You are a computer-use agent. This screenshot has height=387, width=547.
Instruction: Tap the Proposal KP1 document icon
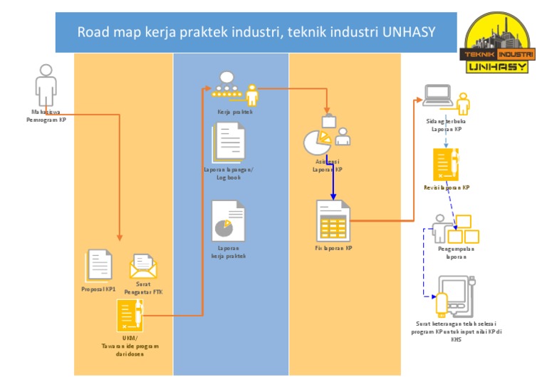click(x=98, y=265)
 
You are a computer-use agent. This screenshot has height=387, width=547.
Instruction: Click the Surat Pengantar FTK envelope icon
click(x=143, y=267)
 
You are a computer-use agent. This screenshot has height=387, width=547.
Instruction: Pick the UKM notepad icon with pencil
click(x=130, y=315)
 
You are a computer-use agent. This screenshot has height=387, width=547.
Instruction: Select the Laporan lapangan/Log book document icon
click(x=229, y=141)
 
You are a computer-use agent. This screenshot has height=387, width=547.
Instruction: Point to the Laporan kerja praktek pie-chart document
click(x=228, y=221)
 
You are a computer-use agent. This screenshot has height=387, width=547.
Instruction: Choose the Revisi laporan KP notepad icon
click(x=446, y=165)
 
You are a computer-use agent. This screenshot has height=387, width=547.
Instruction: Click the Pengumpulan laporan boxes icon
click(x=456, y=229)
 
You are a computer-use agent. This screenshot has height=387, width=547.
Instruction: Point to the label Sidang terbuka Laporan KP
click(x=446, y=125)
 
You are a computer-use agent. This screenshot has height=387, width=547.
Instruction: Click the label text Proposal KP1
click(x=98, y=289)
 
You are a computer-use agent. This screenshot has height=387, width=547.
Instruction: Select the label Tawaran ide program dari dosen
click(x=130, y=350)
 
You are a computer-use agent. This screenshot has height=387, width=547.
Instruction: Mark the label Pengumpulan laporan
click(x=456, y=253)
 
